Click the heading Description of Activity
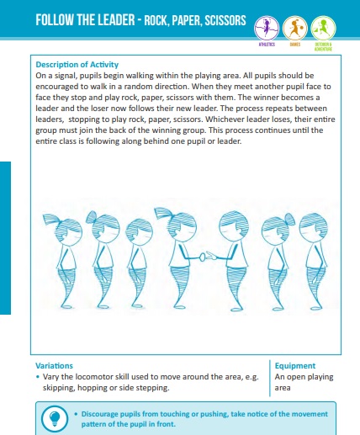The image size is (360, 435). point(77,64)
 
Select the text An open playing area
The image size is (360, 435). point(303,383)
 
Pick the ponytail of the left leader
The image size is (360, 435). point(155,216)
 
